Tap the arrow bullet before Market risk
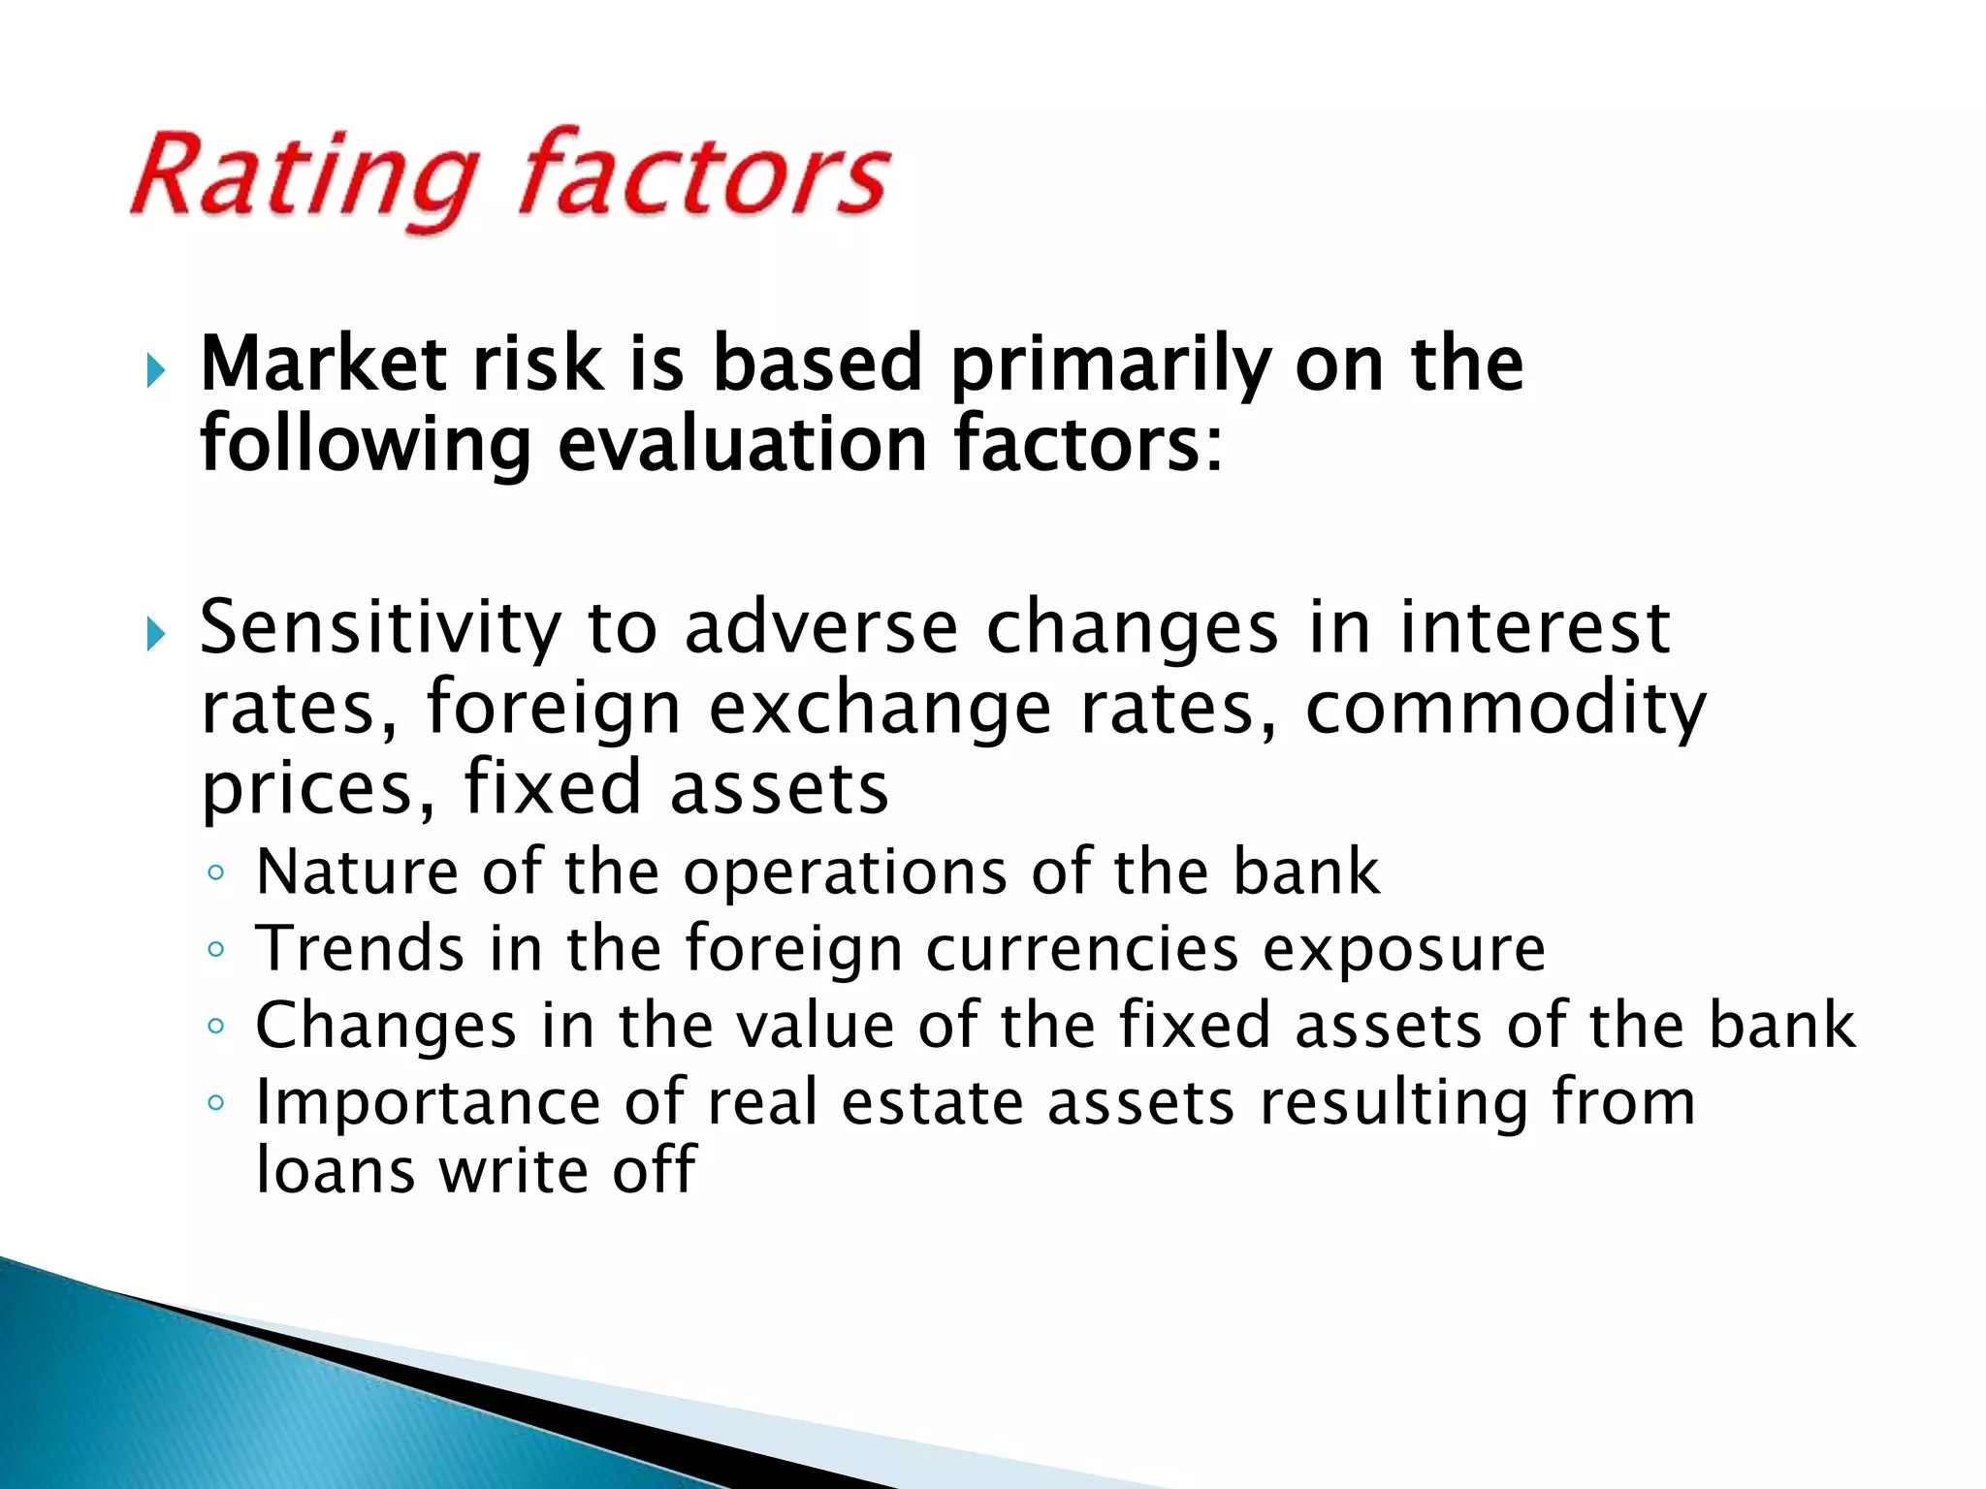(155, 370)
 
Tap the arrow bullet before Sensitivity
(155, 635)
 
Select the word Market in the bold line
(324, 364)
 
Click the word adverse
(820, 628)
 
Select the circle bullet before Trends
(215, 949)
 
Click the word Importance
(428, 1104)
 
